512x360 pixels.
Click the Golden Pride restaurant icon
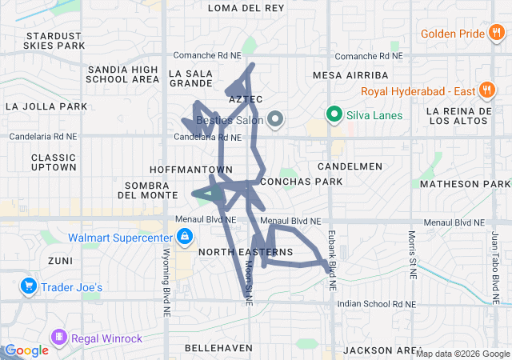click(497, 34)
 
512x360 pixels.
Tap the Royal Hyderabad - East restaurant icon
click(485, 90)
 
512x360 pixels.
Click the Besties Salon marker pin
click(276, 120)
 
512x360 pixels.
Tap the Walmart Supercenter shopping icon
click(185, 237)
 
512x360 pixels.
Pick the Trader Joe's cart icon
click(28, 286)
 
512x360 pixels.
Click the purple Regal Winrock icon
click(58, 338)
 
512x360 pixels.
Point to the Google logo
click(26, 350)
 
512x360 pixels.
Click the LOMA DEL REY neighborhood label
click(246, 8)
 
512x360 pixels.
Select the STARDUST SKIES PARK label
click(54, 41)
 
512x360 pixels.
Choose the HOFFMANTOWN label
click(191, 170)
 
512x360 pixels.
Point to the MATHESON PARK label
click(471, 184)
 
